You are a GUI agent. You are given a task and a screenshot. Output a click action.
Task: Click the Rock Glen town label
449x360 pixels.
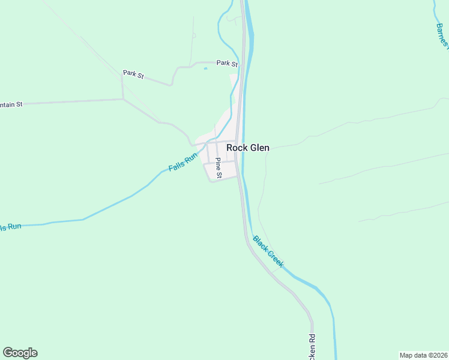pyautogui.click(x=247, y=148)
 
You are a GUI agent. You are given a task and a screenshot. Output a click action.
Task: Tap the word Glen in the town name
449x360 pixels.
pyautogui.click(x=259, y=148)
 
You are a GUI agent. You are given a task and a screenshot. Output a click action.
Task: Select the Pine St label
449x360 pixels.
pyautogui.click(x=218, y=168)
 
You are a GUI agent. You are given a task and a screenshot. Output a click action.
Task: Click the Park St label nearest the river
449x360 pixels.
pyautogui.click(x=228, y=63)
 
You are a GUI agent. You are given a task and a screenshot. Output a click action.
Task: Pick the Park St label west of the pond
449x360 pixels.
pyautogui.click(x=133, y=74)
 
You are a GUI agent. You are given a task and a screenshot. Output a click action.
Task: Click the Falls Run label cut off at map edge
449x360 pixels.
pyautogui.click(x=10, y=227)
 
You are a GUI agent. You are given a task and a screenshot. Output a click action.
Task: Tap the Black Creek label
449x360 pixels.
pyautogui.click(x=268, y=251)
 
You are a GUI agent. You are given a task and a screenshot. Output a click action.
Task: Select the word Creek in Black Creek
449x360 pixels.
pyautogui.click(x=276, y=259)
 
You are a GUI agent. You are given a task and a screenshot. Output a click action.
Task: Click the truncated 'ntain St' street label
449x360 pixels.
pyautogui.click(x=11, y=104)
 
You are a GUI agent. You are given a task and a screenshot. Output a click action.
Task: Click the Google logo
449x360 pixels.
pyautogui.click(x=20, y=353)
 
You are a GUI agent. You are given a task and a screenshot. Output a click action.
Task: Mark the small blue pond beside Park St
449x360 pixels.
pyautogui.click(x=205, y=68)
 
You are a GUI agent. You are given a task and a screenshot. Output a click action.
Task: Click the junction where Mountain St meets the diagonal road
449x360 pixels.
pyautogui.click(x=123, y=99)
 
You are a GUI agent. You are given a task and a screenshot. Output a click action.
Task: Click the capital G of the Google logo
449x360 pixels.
pyautogui.click(x=8, y=353)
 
